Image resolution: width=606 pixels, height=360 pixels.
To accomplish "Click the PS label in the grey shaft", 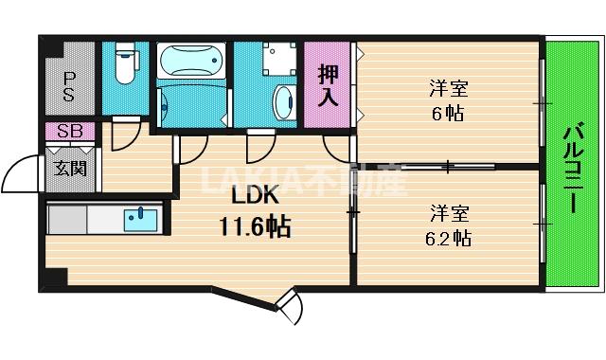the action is (69, 86).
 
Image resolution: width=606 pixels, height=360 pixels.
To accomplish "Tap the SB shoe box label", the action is (70, 132).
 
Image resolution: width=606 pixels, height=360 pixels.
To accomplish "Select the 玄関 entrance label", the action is (70, 169).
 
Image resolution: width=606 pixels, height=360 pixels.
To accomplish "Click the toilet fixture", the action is (125, 63).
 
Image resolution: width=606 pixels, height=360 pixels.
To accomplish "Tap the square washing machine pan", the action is (279, 59).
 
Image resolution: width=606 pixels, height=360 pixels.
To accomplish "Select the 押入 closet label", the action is (328, 86).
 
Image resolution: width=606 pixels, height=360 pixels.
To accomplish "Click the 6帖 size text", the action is (448, 114).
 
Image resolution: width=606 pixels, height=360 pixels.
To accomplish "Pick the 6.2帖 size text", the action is (448, 238).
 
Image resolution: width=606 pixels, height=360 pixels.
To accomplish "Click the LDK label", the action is (255, 196).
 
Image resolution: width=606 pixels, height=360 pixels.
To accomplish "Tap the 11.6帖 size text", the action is (255, 226).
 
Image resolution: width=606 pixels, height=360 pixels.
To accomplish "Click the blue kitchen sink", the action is (141, 220).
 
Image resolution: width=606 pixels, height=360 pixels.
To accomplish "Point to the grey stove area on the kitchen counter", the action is (67, 219).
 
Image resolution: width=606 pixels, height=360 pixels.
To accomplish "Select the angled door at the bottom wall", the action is (289, 307).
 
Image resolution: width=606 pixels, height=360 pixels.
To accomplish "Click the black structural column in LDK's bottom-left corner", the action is (54, 278).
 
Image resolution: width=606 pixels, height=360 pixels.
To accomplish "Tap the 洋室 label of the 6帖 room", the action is (448, 88).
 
